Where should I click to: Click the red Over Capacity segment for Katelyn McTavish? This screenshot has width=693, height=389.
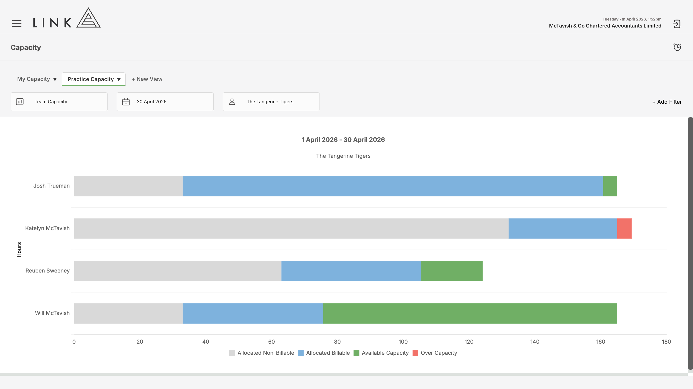pyautogui.click(x=625, y=228)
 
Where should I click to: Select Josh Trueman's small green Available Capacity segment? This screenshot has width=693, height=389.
pyautogui.click(x=610, y=186)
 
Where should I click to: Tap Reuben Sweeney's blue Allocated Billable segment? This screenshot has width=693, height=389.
pyautogui.click(x=351, y=271)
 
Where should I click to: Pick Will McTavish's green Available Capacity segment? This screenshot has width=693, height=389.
pyautogui.click(x=470, y=313)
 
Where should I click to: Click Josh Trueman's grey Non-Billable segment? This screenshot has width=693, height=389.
pyautogui.click(x=128, y=186)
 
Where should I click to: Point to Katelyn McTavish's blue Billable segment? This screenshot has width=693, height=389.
pyautogui.click(x=563, y=228)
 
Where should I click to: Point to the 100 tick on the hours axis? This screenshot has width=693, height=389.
pyautogui.click(x=403, y=342)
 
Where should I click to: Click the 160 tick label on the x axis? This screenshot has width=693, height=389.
pyautogui.click(x=600, y=342)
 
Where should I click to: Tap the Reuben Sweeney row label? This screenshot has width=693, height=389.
pyautogui.click(x=48, y=271)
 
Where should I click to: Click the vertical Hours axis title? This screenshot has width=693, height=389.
pyautogui.click(x=19, y=250)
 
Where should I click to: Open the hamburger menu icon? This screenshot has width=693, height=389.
pyautogui.click(x=17, y=23)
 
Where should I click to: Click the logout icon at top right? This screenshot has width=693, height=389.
pyautogui.click(x=677, y=24)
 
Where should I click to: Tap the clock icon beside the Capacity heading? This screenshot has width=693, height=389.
pyautogui.click(x=677, y=47)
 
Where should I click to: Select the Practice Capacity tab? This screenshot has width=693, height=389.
pyautogui.click(x=94, y=79)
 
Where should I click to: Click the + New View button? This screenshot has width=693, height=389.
pyautogui.click(x=147, y=79)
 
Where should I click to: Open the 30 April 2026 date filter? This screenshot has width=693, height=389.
pyautogui.click(x=165, y=102)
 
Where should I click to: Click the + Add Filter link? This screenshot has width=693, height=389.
pyautogui.click(x=667, y=102)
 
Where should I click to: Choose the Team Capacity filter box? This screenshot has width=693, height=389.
pyautogui.click(x=59, y=102)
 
